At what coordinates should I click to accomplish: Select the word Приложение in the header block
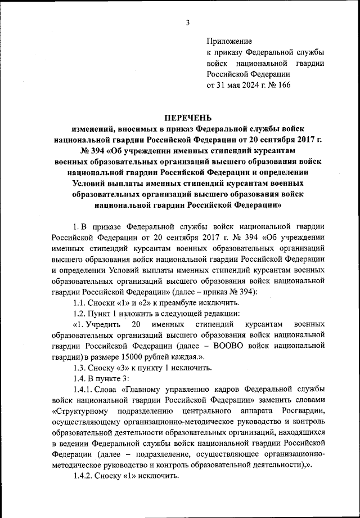click(229, 41)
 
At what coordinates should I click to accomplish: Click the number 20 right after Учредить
click(135, 325)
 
